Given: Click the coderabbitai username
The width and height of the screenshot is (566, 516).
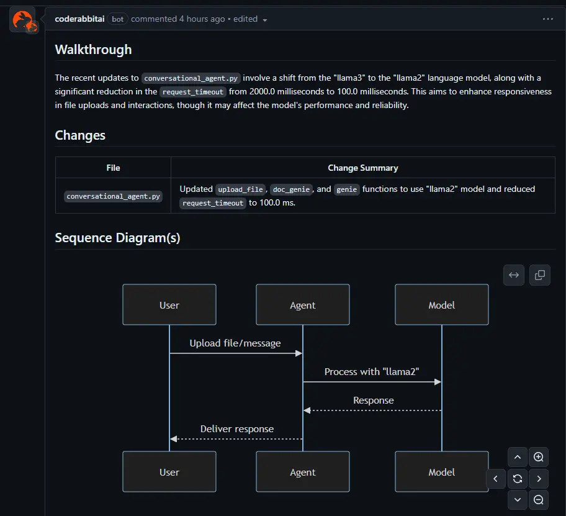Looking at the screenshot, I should (x=80, y=19).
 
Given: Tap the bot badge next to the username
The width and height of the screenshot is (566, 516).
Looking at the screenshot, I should (x=118, y=19).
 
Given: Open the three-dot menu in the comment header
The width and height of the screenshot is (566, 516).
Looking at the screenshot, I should (x=547, y=19).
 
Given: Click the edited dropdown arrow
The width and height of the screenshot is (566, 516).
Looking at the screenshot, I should (x=265, y=20).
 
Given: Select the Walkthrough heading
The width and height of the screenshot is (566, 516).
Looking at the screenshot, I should (x=93, y=50).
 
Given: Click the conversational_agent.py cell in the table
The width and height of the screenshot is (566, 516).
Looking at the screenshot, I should (x=114, y=196).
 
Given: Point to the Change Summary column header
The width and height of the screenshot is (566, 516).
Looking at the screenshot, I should (x=362, y=168).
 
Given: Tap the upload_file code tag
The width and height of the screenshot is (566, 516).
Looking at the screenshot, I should (x=241, y=189).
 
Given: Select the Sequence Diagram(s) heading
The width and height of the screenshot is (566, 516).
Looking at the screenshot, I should (x=117, y=238).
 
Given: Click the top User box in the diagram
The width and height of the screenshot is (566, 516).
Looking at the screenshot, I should (x=169, y=305).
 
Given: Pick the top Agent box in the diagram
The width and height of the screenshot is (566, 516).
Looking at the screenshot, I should (x=303, y=305).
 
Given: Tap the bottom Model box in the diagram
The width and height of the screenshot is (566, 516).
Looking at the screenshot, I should (x=441, y=472).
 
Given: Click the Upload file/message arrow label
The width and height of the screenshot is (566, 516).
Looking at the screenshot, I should (x=235, y=343).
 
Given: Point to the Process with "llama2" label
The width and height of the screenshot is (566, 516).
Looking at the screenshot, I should (x=372, y=371).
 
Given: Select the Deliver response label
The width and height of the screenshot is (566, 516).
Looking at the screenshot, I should (x=236, y=428).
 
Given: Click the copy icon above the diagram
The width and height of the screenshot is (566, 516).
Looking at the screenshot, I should (x=539, y=275).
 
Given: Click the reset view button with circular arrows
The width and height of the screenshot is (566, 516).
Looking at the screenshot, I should (x=517, y=479).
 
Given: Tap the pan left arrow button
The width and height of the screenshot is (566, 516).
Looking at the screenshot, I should (x=495, y=479).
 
